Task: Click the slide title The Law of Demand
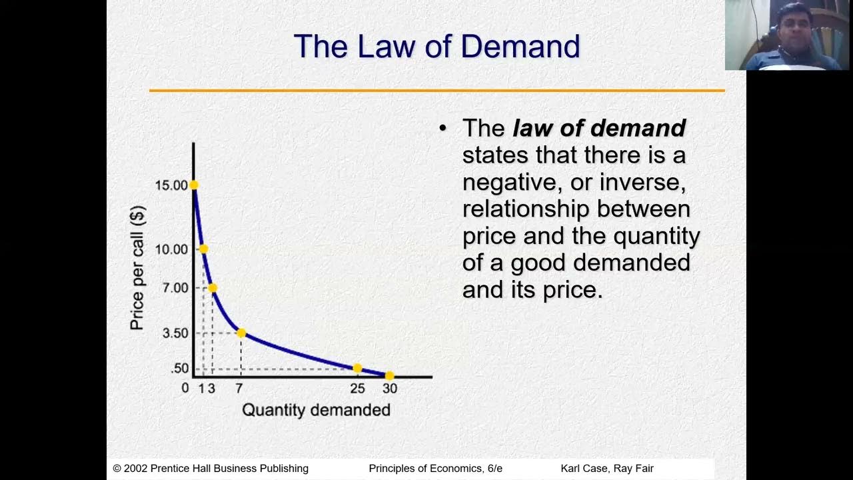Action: click(x=436, y=47)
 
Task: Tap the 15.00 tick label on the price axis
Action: click(x=171, y=185)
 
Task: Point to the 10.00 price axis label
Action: click(x=171, y=249)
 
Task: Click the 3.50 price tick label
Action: click(x=175, y=333)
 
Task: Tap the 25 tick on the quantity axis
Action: click(x=357, y=389)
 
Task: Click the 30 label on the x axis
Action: click(x=390, y=389)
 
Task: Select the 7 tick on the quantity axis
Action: click(x=239, y=389)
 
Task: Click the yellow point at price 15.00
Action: click(x=194, y=185)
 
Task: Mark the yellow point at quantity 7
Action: click(x=241, y=333)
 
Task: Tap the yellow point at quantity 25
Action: click(x=357, y=368)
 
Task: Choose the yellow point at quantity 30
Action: click(x=390, y=376)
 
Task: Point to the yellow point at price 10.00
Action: click(x=203, y=249)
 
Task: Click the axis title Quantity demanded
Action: click(x=316, y=410)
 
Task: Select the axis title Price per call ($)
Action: click(x=137, y=268)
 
